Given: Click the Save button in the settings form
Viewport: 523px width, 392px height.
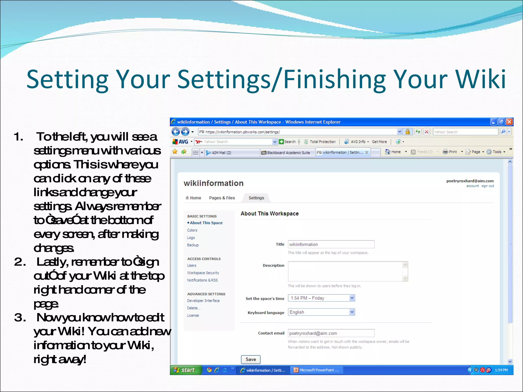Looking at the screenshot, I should tap(251, 359).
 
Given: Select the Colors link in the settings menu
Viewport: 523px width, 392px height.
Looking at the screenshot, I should tap(192, 230).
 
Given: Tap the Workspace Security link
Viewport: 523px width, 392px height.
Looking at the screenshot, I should tap(203, 273).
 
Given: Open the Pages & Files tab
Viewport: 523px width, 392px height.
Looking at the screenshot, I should tap(222, 198).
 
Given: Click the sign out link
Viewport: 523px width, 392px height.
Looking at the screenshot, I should tap(488, 186).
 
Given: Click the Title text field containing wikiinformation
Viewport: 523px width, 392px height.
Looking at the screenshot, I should tap(331, 244).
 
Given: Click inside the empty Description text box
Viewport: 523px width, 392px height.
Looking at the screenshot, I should tap(345, 271).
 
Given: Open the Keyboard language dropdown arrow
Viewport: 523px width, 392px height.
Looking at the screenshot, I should tap(352, 312).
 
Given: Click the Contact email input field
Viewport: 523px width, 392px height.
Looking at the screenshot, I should tap(331, 333).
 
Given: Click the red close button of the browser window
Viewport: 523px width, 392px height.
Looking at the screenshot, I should tap(509, 122).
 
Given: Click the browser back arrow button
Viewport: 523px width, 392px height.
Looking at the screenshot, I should tap(175, 132).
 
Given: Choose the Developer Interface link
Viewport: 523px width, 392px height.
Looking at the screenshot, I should tap(203, 301).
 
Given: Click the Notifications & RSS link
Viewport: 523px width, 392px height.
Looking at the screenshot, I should tap(202, 280).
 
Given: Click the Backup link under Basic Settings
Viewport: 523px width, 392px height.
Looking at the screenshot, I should tap(193, 245).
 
